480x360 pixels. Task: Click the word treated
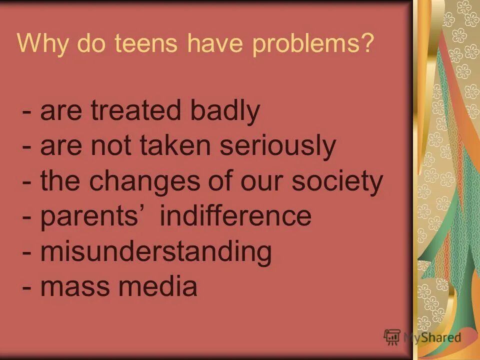pos(135,111)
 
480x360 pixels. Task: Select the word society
pos(337,181)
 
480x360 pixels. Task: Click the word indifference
pos(235,216)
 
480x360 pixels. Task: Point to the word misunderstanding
pos(156,251)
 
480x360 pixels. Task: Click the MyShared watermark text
pos(432,337)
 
